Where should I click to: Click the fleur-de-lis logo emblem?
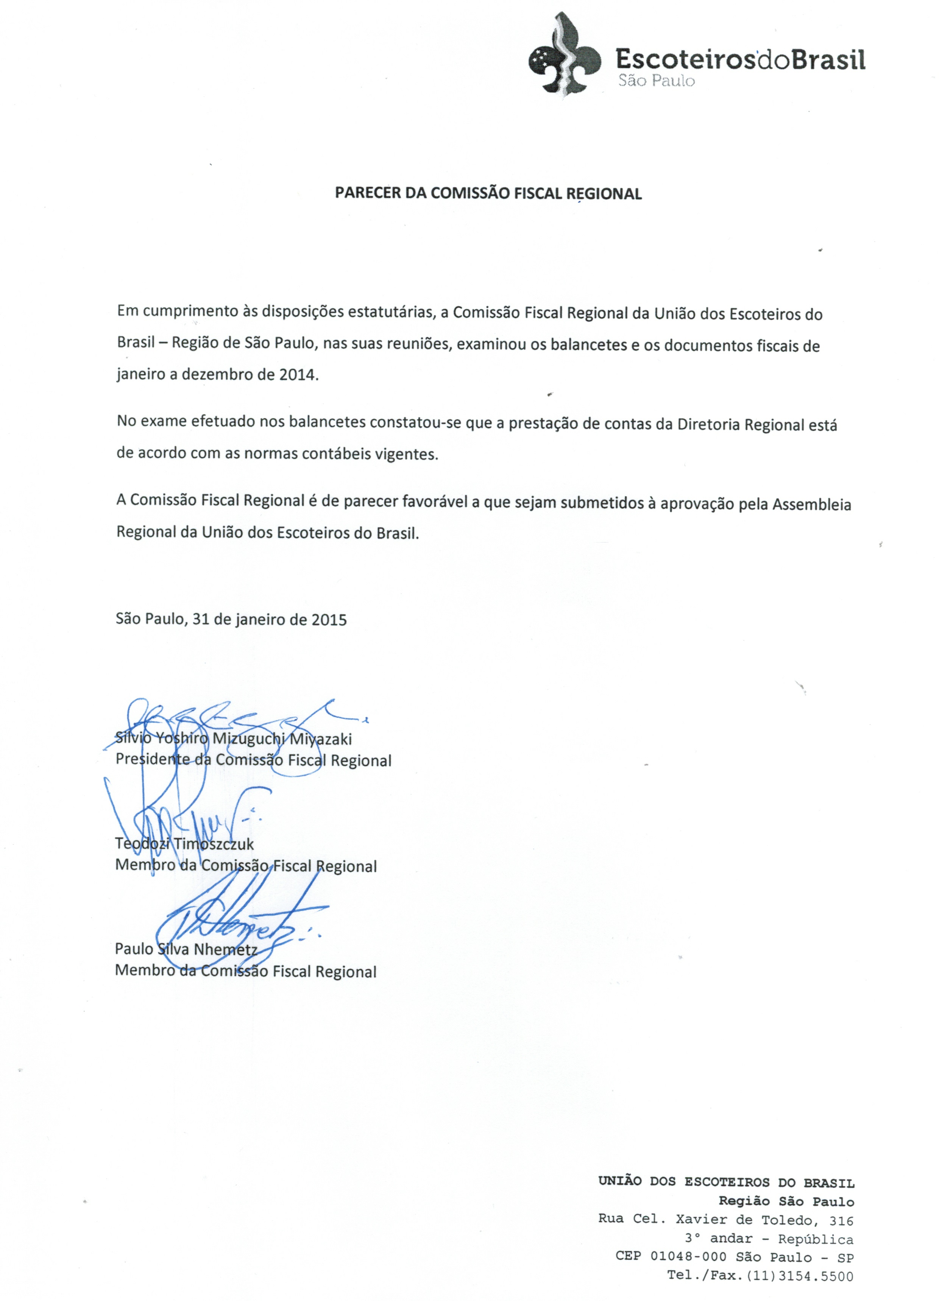(564, 58)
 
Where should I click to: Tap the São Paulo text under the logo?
(656, 81)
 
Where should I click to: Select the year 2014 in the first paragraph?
(298, 375)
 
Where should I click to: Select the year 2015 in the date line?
(329, 620)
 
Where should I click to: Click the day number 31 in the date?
(200, 620)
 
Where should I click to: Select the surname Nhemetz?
(226, 949)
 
